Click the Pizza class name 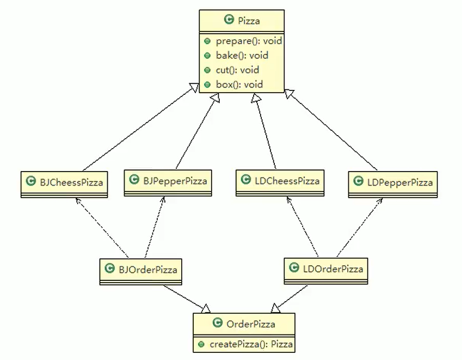point(249,21)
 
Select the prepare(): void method point(242,41)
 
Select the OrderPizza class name point(251,324)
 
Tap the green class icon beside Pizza point(229,21)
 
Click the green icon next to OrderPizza point(217,324)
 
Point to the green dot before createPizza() point(201,344)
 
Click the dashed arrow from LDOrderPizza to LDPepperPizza point(359,227)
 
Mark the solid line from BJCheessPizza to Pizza point(139,127)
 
